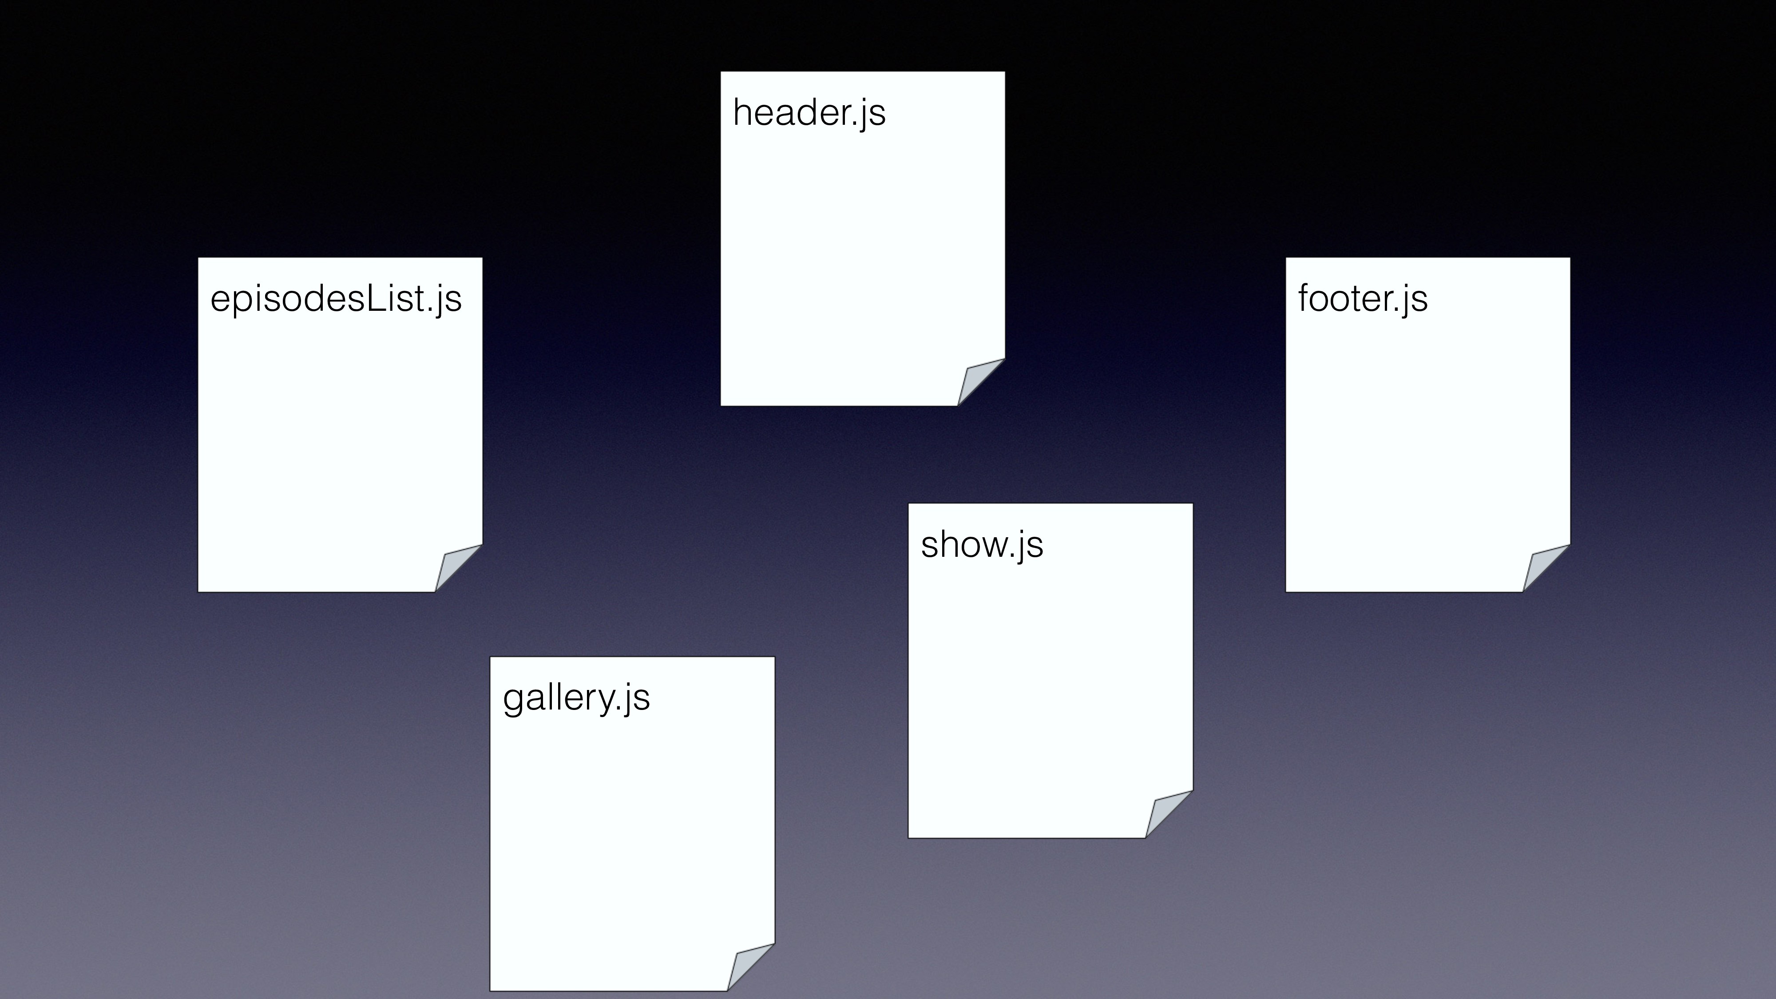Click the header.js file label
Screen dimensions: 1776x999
[x=809, y=112]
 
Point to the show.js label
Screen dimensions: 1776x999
[x=982, y=545]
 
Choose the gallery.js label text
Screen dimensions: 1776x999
[x=576, y=698]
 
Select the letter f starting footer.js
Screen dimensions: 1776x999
[x=1305, y=298]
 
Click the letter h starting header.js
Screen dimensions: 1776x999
[x=742, y=112]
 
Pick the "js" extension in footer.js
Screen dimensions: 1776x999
[x=1415, y=301]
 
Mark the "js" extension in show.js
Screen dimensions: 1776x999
[x=1031, y=546]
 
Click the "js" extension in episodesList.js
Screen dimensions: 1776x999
[x=448, y=301]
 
